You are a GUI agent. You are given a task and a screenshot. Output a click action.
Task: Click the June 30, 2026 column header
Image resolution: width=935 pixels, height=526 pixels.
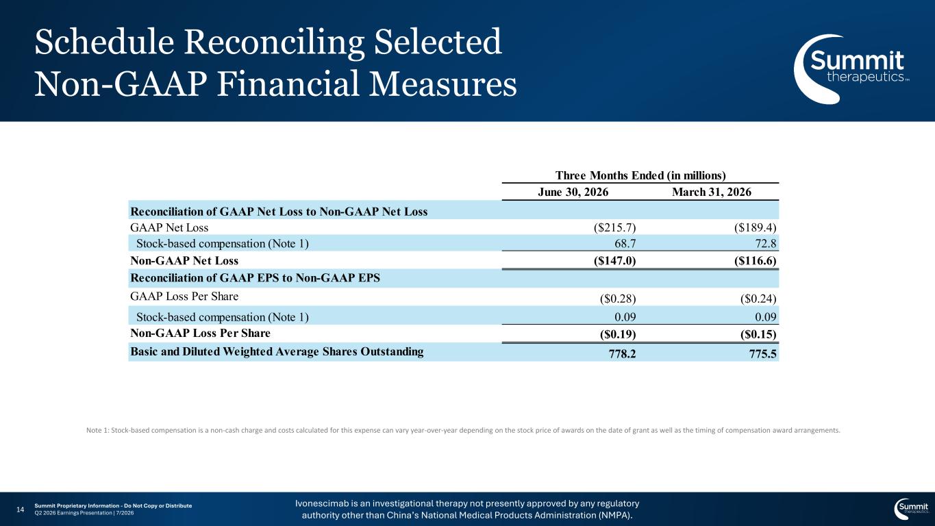pyautogui.click(x=573, y=192)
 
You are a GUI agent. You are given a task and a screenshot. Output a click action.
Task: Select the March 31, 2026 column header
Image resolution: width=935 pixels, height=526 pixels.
pyautogui.click(x=711, y=192)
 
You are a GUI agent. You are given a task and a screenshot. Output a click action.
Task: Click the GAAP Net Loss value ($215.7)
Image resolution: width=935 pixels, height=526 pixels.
pyautogui.click(x=614, y=227)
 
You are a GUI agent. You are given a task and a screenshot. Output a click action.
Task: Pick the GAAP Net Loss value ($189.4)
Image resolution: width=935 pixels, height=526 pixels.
pyautogui.click(x=755, y=227)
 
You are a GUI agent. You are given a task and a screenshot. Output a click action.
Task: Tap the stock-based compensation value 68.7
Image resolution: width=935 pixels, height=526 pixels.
pyautogui.click(x=625, y=243)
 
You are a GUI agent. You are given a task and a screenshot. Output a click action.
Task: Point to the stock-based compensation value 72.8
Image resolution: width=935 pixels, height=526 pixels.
pyautogui.click(x=766, y=243)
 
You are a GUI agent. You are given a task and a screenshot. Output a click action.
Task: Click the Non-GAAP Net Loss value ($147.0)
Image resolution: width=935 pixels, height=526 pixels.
pyautogui.click(x=614, y=261)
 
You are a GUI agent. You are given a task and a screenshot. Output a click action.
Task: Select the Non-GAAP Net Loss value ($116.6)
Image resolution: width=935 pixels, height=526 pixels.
pyautogui.click(x=755, y=261)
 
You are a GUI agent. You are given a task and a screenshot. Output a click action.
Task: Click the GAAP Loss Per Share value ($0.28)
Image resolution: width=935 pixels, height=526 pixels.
pyautogui.click(x=617, y=299)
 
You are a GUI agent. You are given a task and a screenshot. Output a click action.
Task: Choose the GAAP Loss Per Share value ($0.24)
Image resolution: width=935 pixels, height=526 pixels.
pyautogui.click(x=758, y=299)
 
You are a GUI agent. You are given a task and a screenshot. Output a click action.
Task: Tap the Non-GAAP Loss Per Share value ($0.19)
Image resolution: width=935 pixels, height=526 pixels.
pyautogui.click(x=617, y=334)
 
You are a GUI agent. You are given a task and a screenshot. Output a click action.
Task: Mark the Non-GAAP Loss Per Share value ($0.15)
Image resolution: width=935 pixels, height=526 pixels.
pyautogui.click(x=758, y=334)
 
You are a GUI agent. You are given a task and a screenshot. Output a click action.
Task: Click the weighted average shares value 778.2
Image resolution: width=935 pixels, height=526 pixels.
pyautogui.click(x=622, y=354)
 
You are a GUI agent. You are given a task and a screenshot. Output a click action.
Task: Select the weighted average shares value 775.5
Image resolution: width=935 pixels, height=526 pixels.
pyautogui.click(x=762, y=354)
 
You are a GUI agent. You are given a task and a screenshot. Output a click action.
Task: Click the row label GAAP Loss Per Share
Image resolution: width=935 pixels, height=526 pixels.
pyautogui.click(x=184, y=297)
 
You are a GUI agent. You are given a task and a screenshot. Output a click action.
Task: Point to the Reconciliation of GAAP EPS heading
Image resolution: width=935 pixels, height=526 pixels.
pyautogui.click(x=255, y=278)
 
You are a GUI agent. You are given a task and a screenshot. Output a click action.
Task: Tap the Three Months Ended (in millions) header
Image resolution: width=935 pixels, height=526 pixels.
pyautogui.click(x=640, y=175)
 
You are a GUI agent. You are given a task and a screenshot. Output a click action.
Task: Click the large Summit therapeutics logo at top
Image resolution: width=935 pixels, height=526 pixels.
pyautogui.click(x=850, y=69)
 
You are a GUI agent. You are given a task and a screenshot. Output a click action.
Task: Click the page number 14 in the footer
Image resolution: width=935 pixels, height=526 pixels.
pyautogui.click(x=20, y=510)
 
